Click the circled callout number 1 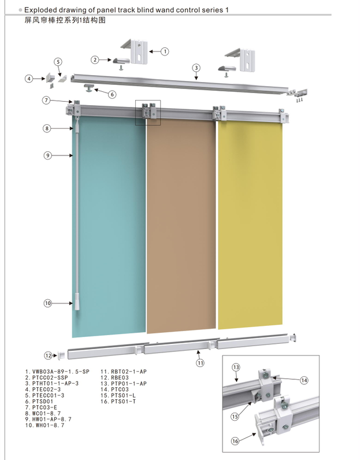[165, 51]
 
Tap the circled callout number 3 [196, 68]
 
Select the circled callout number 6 [112, 94]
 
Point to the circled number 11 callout [200, 363]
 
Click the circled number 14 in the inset [305, 380]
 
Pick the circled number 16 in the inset [235, 441]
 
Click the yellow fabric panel [250, 224]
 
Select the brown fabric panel [181, 226]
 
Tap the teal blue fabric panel [109, 226]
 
